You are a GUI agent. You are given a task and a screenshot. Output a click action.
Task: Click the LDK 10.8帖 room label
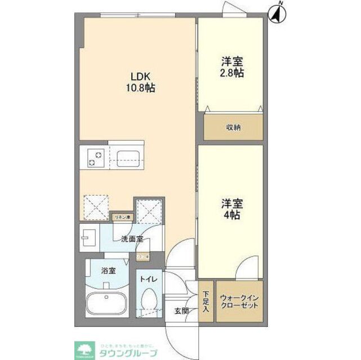point(140,82)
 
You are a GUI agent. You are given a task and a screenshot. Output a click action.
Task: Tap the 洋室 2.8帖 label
point(231,68)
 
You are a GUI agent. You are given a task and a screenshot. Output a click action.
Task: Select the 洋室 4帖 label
point(231,210)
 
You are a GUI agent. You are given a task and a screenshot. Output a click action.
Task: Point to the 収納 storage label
point(233,127)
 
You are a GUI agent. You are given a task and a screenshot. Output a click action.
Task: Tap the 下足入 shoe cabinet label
point(206,302)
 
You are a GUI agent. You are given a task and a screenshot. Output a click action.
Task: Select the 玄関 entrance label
point(181,311)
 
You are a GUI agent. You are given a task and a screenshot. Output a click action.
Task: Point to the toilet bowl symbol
point(149,301)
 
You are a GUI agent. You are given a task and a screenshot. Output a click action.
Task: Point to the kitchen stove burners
point(94,158)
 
